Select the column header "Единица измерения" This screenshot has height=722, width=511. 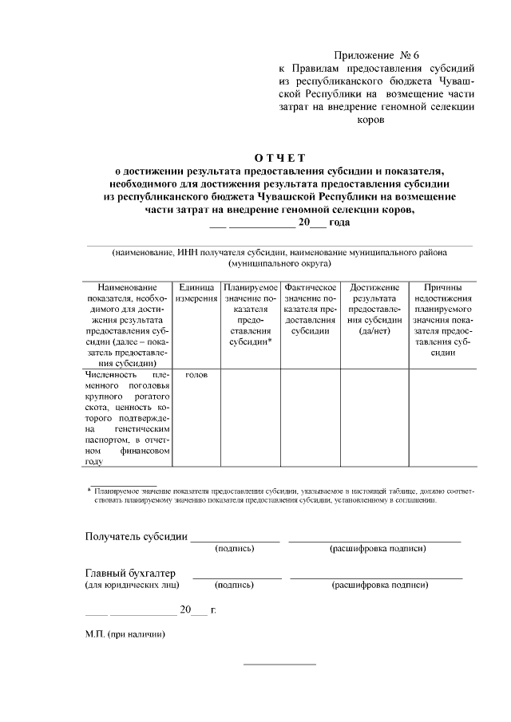pyautogui.click(x=196, y=293)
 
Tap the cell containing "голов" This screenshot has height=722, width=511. pyautogui.click(x=196, y=374)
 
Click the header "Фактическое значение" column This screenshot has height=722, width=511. pyautogui.click(x=310, y=309)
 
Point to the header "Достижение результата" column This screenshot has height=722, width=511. pyautogui.click(x=374, y=309)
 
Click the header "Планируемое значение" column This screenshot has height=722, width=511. pyautogui.click(x=250, y=314)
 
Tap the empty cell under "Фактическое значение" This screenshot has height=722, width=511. pyautogui.click(x=310, y=417)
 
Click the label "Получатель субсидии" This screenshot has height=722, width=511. pyautogui.click(x=136, y=536)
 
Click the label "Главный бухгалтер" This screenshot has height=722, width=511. pyautogui.click(x=130, y=573)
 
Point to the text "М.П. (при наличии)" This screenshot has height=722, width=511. pyautogui.click(x=125, y=635)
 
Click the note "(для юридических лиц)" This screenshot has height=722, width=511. pyautogui.click(x=132, y=586)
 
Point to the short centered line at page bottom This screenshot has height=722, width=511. pyautogui.click(x=279, y=664)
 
